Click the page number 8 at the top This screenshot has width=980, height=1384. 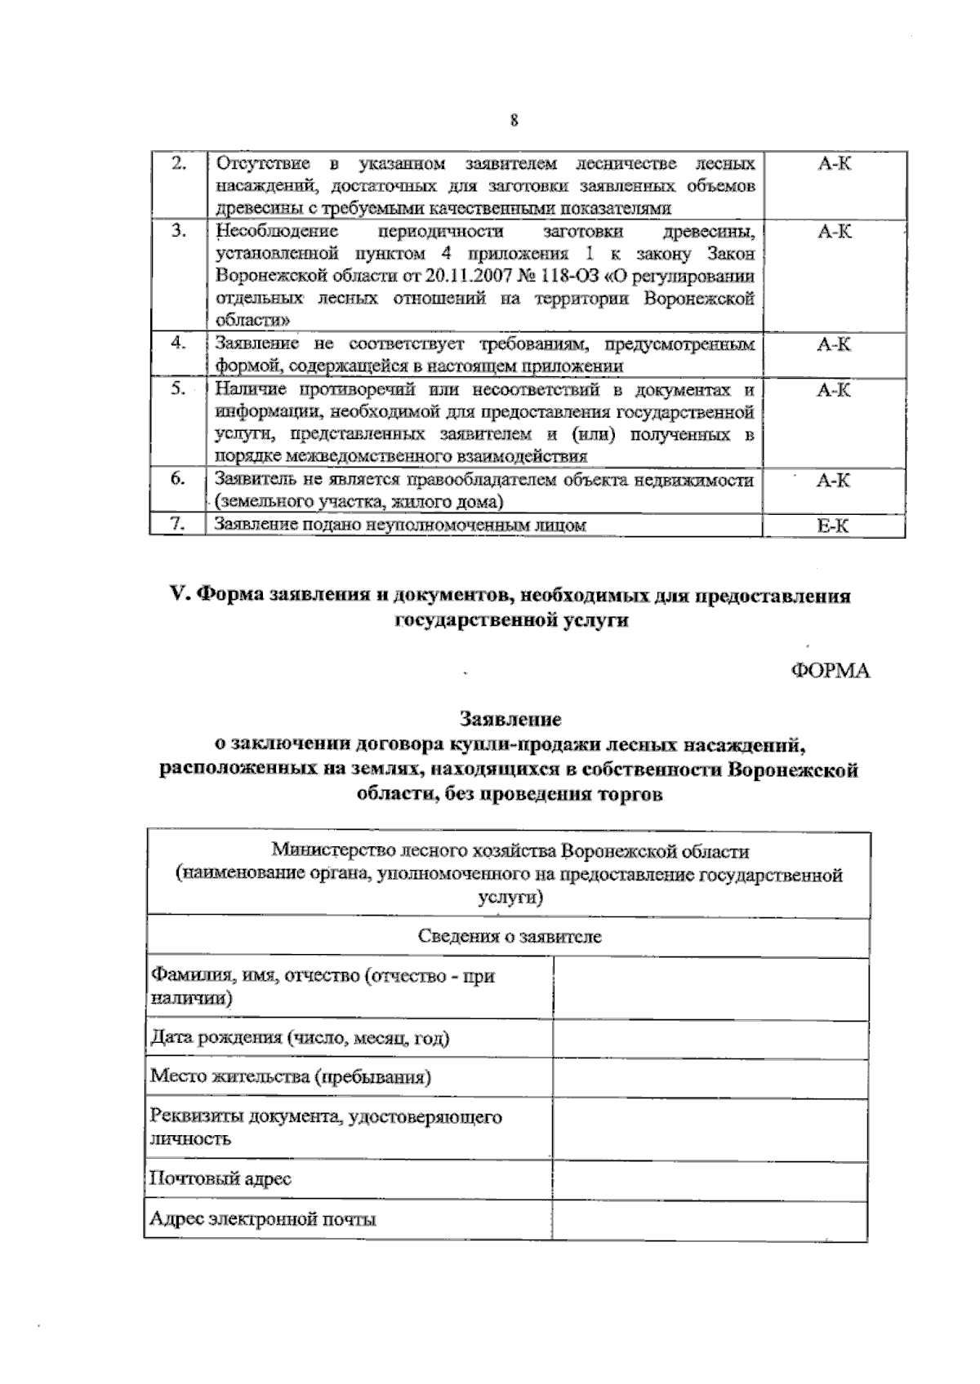coord(513,121)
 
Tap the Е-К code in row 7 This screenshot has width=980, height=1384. coord(833,526)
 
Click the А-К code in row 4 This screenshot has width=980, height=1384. coord(833,344)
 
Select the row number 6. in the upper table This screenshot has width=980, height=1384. coord(178,479)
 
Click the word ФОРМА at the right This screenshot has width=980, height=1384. coord(830,671)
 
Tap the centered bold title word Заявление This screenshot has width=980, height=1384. coord(510,720)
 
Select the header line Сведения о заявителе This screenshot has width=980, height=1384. coord(509,936)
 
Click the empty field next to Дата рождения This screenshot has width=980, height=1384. coord(710,1039)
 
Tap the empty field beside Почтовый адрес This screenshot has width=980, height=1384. coord(710,1179)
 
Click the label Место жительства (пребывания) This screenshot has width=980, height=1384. coord(291,1076)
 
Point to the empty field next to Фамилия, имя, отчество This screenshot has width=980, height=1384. coord(710,987)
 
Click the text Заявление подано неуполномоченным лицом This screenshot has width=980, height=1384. coord(400,526)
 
